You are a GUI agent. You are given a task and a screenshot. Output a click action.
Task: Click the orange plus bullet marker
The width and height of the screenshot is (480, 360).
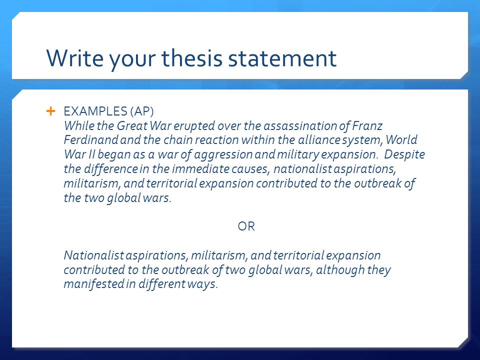click(x=50, y=111)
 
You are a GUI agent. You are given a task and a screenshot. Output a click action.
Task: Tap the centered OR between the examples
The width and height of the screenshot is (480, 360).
click(x=246, y=227)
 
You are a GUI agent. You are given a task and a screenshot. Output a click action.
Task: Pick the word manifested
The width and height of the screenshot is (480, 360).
click(x=91, y=285)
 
